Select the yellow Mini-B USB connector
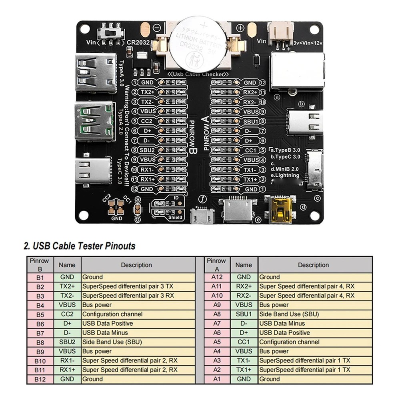(x=281, y=209)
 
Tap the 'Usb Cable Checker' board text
(x=198, y=74)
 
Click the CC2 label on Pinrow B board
(x=147, y=121)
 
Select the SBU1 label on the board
(x=251, y=121)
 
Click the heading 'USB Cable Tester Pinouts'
(x=80, y=246)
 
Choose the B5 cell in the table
(x=40, y=314)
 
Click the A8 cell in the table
(x=216, y=314)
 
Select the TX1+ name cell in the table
(x=244, y=370)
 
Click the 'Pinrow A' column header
(x=216, y=265)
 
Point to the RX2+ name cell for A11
(x=244, y=286)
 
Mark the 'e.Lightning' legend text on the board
(x=284, y=175)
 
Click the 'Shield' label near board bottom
(x=175, y=218)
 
